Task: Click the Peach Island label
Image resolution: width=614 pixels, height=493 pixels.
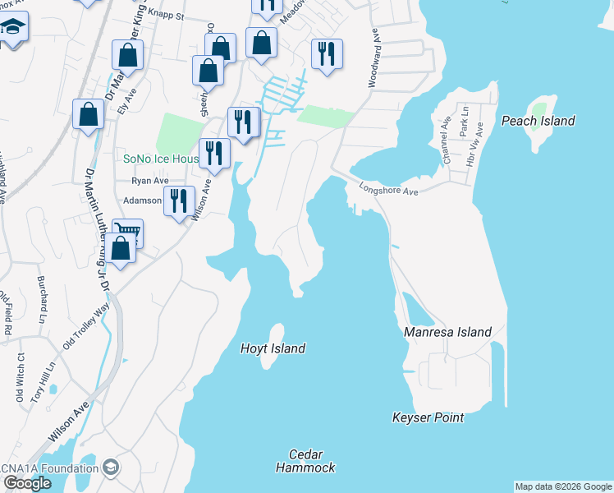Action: click(538, 121)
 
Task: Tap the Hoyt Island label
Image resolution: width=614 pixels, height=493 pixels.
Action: click(273, 348)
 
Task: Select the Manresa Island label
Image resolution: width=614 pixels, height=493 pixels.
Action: click(447, 332)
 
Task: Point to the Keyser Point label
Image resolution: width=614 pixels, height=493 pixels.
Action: click(428, 417)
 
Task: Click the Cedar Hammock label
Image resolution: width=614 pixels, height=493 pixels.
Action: click(305, 461)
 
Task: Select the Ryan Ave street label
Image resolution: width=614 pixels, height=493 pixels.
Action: click(150, 181)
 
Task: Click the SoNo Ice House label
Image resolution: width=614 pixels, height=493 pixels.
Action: click(160, 159)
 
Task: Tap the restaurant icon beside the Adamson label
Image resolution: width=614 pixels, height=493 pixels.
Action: click(178, 200)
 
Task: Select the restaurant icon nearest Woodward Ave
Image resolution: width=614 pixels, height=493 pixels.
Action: click(327, 53)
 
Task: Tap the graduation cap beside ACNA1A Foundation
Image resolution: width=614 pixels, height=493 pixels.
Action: click(110, 468)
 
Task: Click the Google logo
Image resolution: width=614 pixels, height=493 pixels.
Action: click(27, 482)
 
